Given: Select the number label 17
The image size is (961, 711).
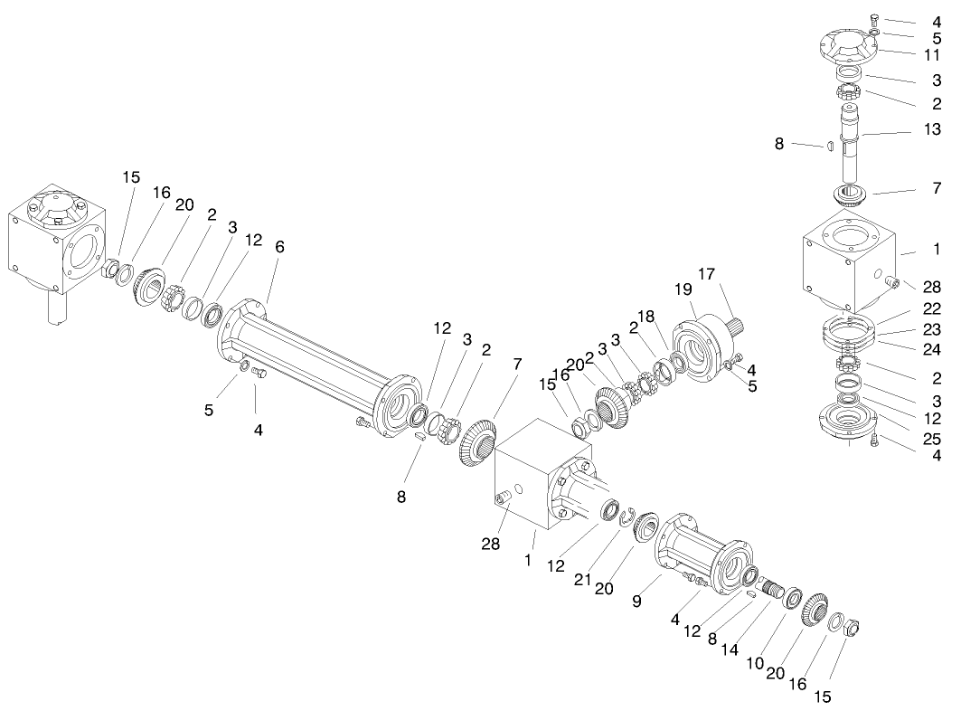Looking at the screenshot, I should click(x=705, y=273).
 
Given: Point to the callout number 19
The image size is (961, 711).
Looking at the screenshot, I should click(x=683, y=289).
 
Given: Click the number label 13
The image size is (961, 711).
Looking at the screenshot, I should click(x=931, y=131).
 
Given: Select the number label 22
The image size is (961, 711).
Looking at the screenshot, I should click(x=931, y=308).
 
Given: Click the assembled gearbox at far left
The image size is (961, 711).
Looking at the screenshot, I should click(x=53, y=244).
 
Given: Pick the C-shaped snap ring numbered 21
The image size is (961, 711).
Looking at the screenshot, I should click(x=626, y=517).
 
